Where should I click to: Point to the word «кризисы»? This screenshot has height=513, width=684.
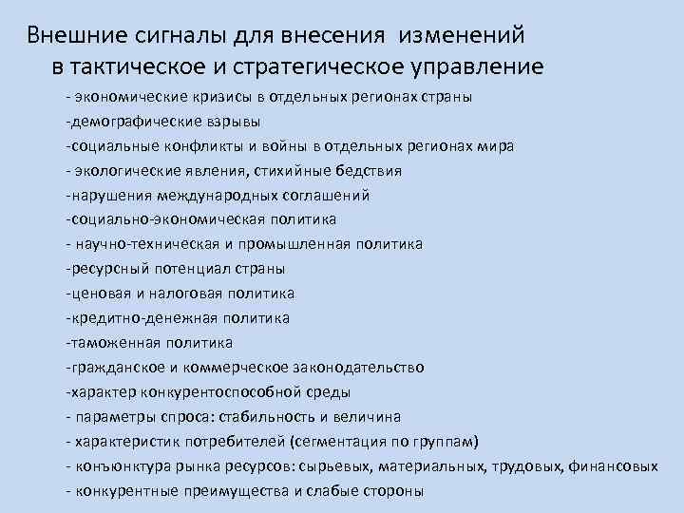220,97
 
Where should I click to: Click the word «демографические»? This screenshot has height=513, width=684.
129,122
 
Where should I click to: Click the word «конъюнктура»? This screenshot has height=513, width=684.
118,465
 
